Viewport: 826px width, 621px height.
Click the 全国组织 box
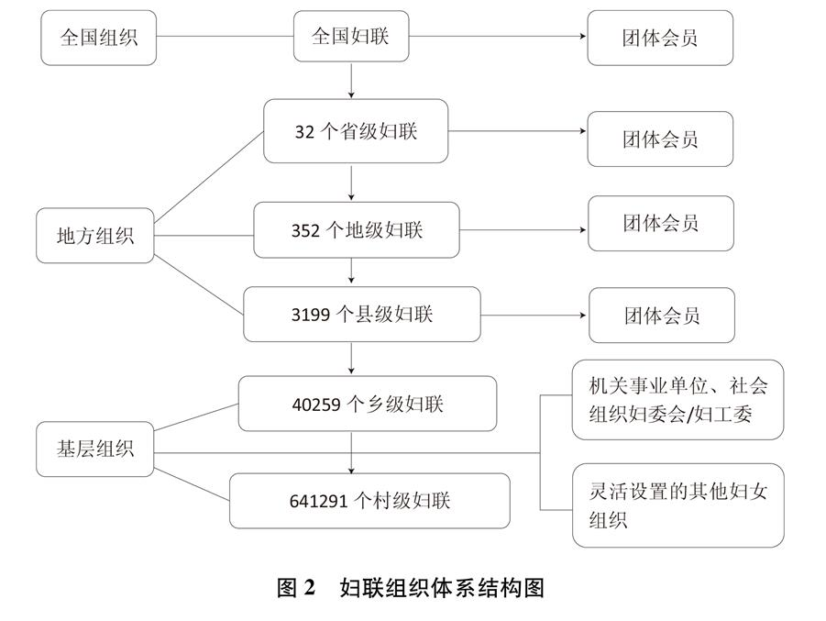click(x=98, y=38)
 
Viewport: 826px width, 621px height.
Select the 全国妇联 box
click(x=351, y=37)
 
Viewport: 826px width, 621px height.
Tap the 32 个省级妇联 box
click(x=356, y=131)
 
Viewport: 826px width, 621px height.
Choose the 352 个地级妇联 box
click(x=357, y=230)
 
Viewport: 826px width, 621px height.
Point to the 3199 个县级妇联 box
click(x=362, y=315)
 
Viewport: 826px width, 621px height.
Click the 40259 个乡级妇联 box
click(x=368, y=404)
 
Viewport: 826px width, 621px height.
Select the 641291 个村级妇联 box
click(x=369, y=501)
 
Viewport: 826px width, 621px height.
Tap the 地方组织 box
click(x=94, y=236)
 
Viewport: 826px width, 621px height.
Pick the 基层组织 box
click(x=94, y=449)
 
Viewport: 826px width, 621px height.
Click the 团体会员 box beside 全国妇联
click(x=660, y=38)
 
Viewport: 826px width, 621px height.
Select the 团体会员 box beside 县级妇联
click(x=662, y=316)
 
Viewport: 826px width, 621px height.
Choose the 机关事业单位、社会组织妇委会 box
click(x=678, y=400)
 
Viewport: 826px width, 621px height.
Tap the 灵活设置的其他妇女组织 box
click(x=678, y=505)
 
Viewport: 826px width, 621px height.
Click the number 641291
click(x=318, y=501)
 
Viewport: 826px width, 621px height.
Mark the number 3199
click(x=311, y=315)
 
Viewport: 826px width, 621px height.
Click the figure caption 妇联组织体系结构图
click(x=442, y=588)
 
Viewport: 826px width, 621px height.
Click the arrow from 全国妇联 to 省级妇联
click(x=351, y=80)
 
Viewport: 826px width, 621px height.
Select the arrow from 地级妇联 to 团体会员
click(x=523, y=230)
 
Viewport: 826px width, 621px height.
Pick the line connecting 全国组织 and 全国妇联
click(x=225, y=37)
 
